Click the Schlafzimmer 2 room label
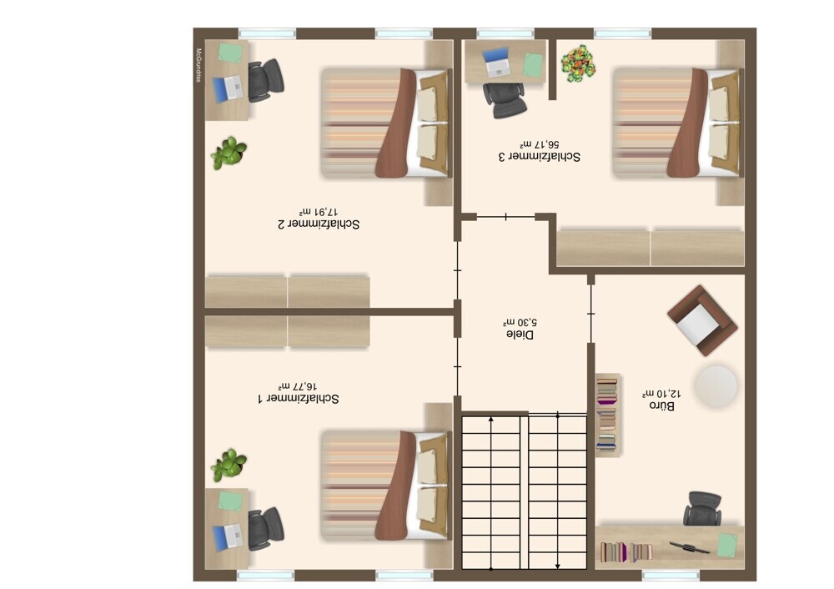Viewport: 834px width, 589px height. (x=319, y=224)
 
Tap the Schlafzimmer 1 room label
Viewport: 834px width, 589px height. (x=298, y=399)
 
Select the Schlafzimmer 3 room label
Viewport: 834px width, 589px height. (x=540, y=157)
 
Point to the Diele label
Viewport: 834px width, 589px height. (x=520, y=335)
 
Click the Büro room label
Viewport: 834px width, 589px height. (x=661, y=406)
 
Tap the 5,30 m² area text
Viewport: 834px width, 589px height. (x=520, y=322)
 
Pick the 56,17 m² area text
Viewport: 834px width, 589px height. (x=540, y=144)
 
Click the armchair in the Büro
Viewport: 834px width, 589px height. (x=702, y=320)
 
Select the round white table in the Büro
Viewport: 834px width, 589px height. (x=716, y=385)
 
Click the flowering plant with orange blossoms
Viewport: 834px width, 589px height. (x=578, y=64)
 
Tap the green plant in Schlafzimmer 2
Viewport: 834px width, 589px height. (x=229, y=154)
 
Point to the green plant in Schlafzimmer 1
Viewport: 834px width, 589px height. (x=229, y=466)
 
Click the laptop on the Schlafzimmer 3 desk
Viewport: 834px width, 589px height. (x=496, y=63)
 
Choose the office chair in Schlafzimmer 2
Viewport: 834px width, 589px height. (x=265, y=80)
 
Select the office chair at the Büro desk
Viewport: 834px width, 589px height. (x=702, y=509)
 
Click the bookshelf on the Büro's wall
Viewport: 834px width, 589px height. (x=608, y=415)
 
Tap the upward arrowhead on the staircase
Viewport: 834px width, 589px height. (x=491, y=420)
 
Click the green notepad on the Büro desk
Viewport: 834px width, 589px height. (x=727, y=546)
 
